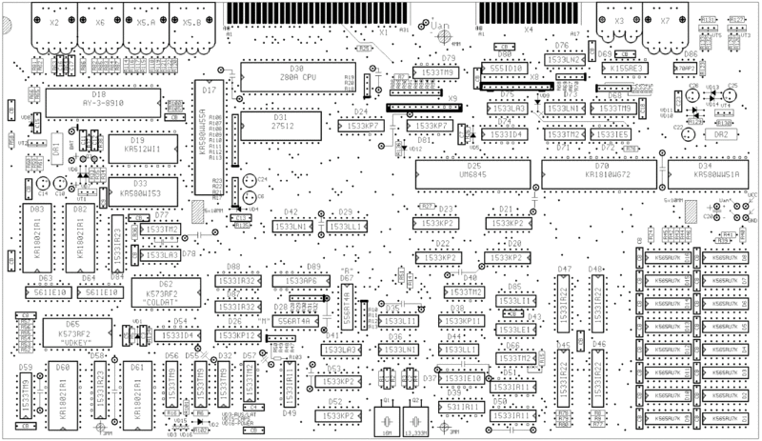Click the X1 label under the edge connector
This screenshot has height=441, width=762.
point(384,32)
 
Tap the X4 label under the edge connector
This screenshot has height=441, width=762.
point(530,30)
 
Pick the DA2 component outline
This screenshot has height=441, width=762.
point(720,135)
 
